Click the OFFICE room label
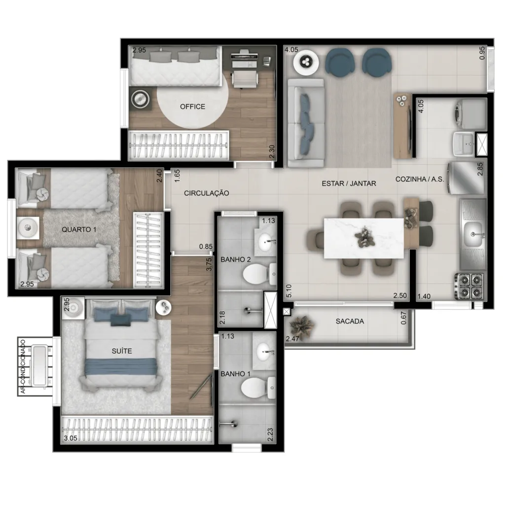click(x=192, y=107)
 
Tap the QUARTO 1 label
click(x=79, y=230)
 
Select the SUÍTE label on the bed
click(x=122, y=351)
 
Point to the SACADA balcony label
click(x=350, y=321)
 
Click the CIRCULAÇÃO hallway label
click(x=207, y=193)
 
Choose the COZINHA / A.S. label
click(x=420, y=179)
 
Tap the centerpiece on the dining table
click(x=364, y=237)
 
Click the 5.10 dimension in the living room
click(x=289, y=291)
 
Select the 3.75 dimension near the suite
click(x=209, y=264)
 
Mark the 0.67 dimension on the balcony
click(x=403, y=318)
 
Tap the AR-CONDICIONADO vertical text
click(x=23, y=366)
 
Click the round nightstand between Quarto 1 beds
click(x=28, y=228)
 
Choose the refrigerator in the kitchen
click(x=466, y=178)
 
